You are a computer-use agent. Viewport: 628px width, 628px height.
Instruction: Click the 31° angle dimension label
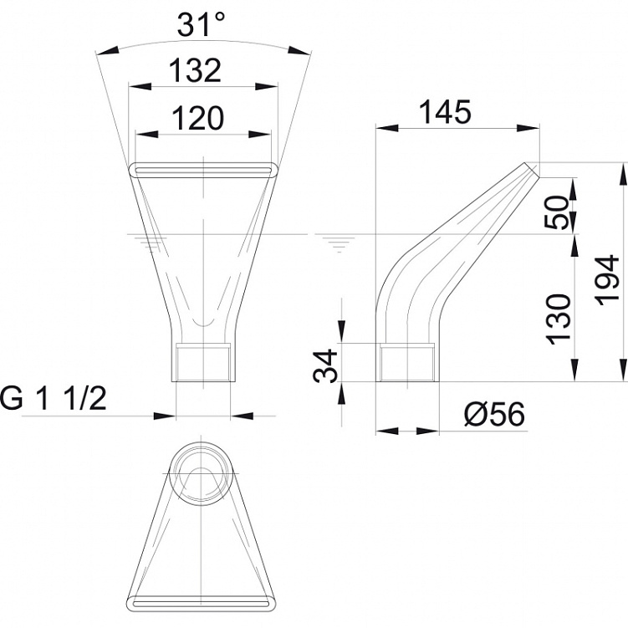pyautogui.click(x=201, y=24)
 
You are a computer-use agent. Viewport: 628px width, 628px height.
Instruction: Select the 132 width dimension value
pyautogui.click(x=195, y=70)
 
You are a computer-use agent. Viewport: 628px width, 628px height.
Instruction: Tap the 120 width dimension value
pyautogui.click(x=197, y=119)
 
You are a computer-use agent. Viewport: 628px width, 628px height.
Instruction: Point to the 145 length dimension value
pyautogui.click(x=445, y=112)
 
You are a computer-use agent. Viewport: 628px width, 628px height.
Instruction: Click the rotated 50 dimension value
pyautogui.click(x=557, y=212)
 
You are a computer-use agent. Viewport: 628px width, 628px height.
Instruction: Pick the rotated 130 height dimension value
pyautogui.click(x=558, y=319)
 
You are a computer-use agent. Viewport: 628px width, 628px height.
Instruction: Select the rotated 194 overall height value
pyautogui.click(x=607, y=279)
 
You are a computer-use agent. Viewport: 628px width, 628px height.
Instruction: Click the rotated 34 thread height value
pyautogui.click(x=324, y=365)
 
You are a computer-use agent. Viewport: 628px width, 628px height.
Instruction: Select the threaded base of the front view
pyautogui.click(x=203, y=361)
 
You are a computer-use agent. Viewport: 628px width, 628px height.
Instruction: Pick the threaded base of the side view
pyautogui.click(x=407, y=362)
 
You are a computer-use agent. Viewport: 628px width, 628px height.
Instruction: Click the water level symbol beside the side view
pyautogui.click(x=339, y=243)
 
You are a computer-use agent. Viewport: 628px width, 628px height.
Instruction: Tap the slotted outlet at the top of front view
pyautogui.click(x=202, y=170)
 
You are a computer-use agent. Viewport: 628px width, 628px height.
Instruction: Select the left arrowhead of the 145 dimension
pyautogui.click(x=388, y=128)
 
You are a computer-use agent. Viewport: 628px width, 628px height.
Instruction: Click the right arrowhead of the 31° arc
pyautogui.click(x=299, y=51)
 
